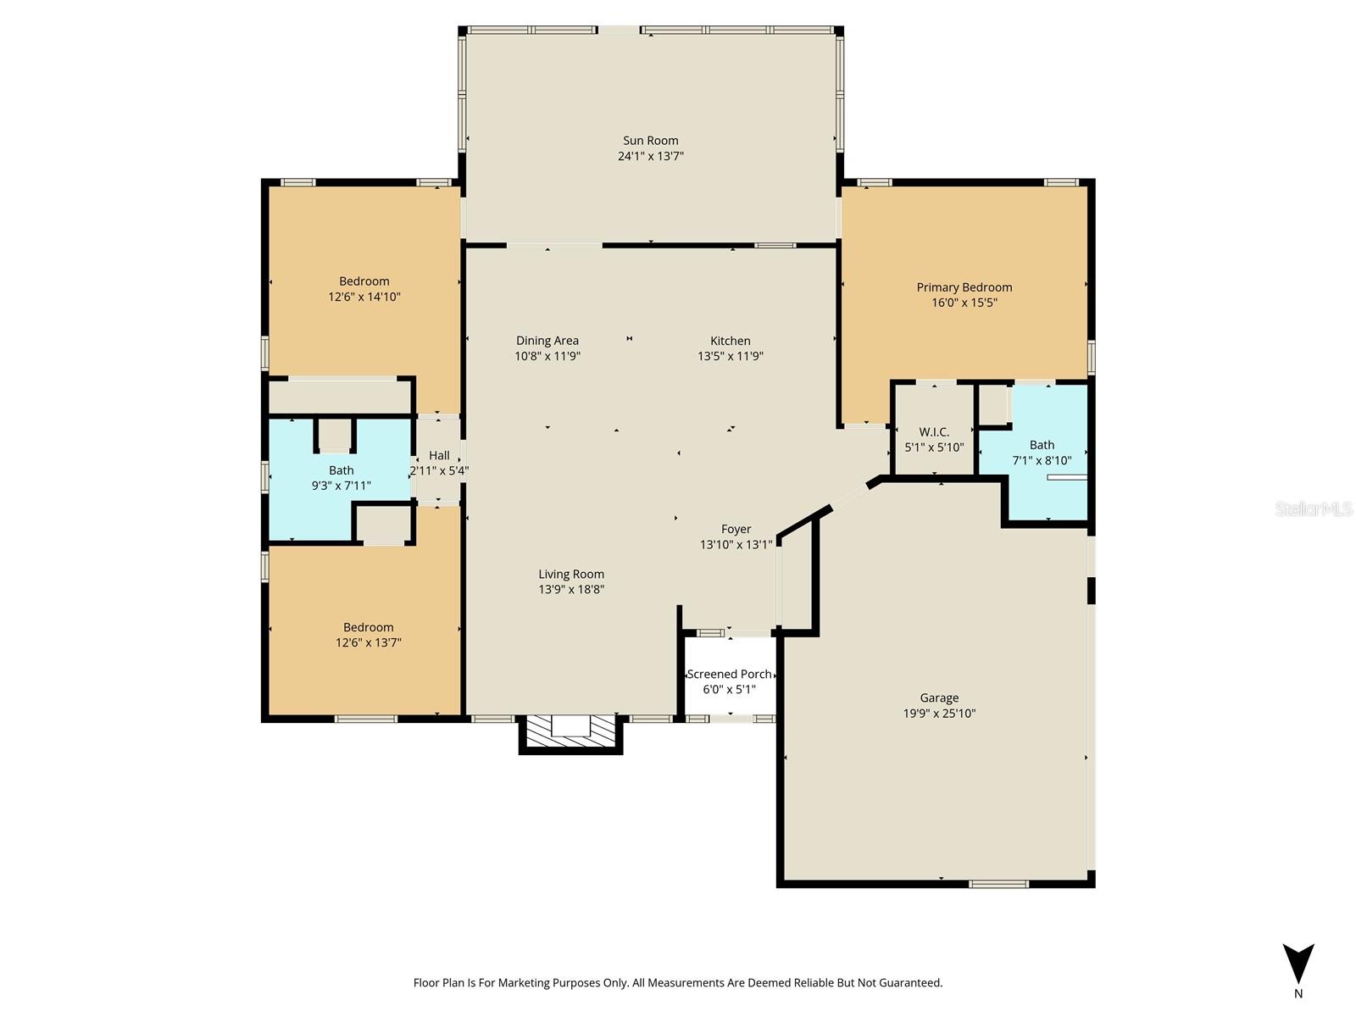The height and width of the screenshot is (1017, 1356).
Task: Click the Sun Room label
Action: coord(650,141)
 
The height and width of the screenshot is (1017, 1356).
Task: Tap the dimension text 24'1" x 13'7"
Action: coord(650,156)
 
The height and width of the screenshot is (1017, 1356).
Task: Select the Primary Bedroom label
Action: coord(964,287)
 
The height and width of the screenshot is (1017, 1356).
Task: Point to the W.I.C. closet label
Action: coord(934,432)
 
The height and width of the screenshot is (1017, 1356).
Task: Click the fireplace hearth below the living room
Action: coord(570,731)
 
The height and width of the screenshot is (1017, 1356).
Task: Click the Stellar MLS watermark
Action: coord(1314,508)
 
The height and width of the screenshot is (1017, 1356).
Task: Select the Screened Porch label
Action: coord(729,675)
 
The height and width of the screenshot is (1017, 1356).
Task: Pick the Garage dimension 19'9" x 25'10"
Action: coord(939,714)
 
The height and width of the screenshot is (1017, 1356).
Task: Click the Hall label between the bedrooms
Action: coord(439,455)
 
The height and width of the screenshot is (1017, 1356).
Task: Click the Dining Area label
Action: coord(547,341)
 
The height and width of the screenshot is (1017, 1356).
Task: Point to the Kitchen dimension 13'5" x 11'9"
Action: coord(730,356)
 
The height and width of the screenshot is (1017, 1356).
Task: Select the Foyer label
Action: coord(736,529)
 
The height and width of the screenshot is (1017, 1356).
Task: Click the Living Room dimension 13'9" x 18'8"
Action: coord(571,589)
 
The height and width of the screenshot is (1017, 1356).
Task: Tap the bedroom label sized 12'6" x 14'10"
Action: coord(364,281)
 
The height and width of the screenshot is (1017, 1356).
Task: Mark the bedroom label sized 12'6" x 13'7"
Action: coord(368,627)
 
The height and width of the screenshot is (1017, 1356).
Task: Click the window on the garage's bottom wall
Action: coord(998,884)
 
